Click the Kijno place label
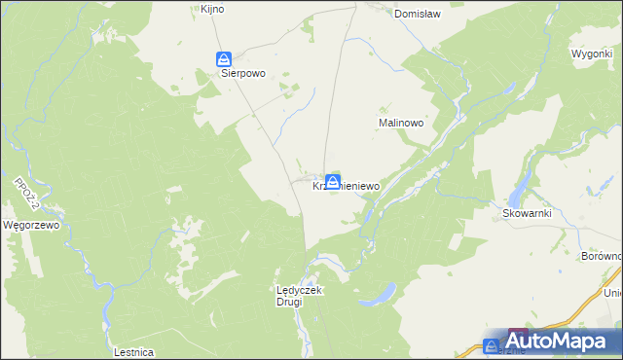[x=212, y=9]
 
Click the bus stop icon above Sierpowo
[x=223, y=58]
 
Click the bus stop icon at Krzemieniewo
[x=334, y=181]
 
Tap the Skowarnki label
[x=527, y=213]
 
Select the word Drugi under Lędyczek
[x=288, y=302]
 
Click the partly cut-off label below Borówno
[x=612, y=292]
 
